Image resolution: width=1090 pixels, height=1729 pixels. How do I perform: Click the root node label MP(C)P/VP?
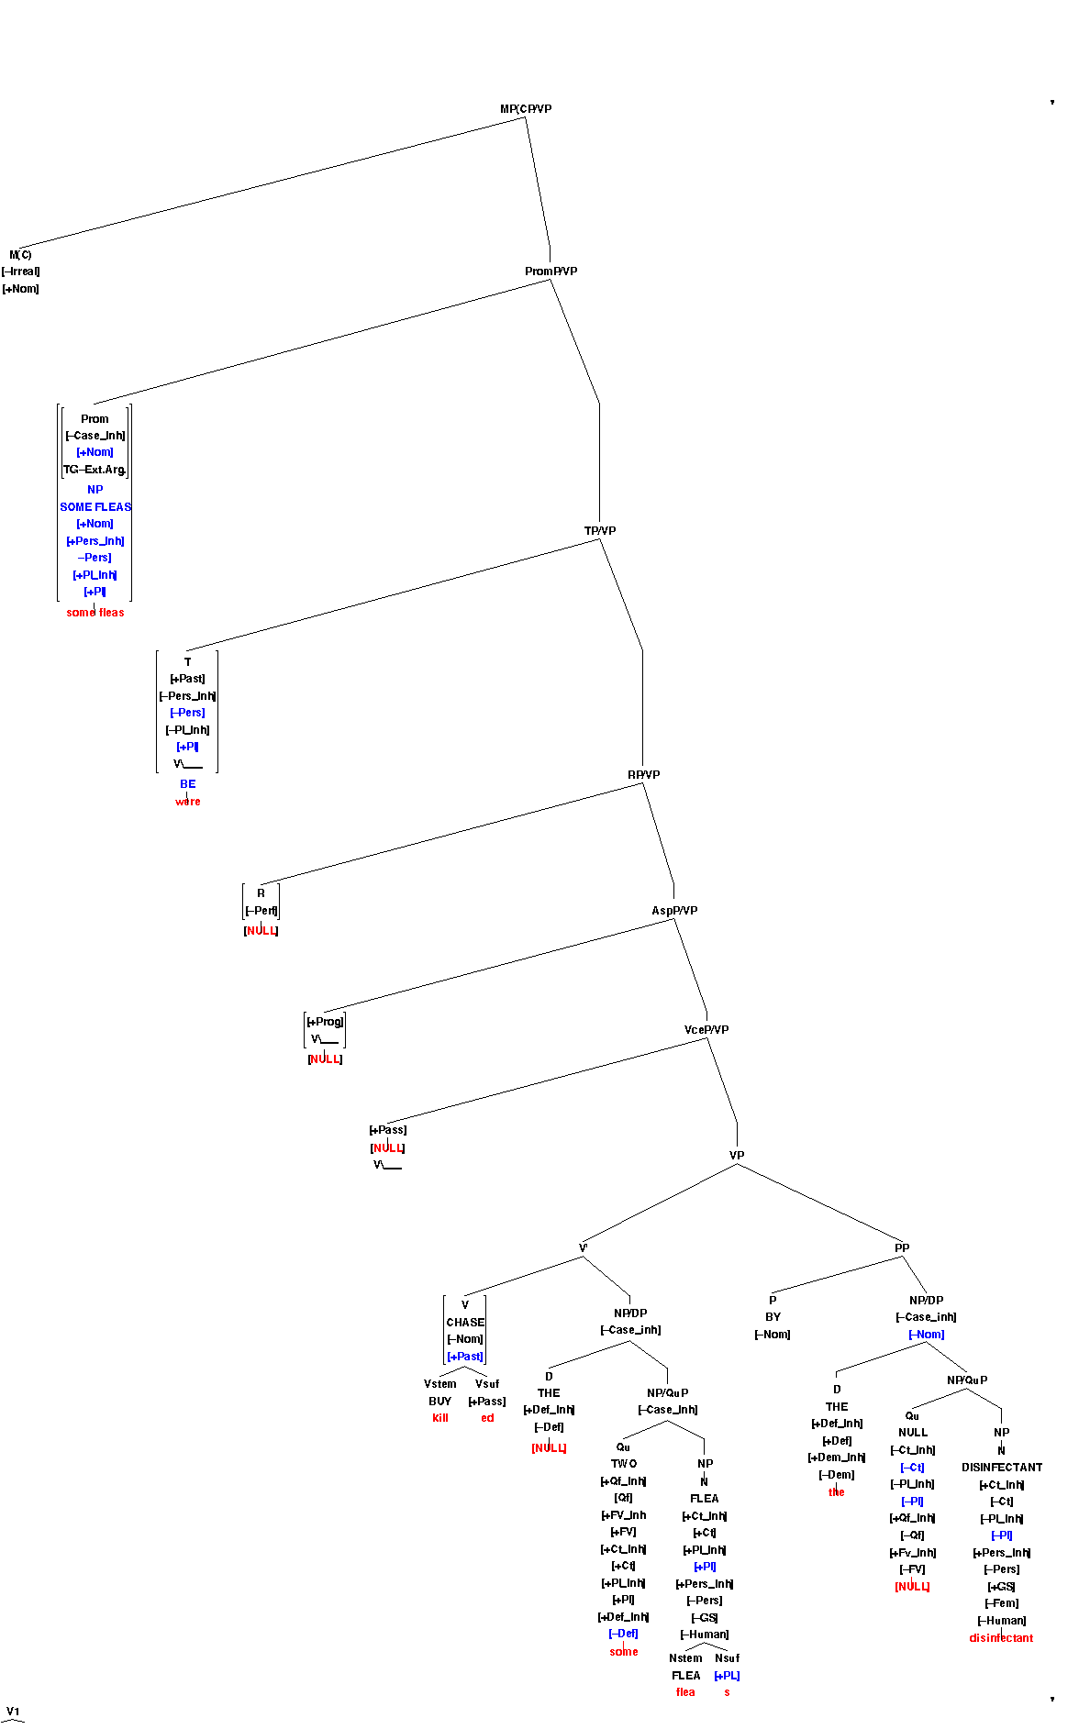(x=526, y=109)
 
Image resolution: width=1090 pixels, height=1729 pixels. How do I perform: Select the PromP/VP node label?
(x=551, y=272)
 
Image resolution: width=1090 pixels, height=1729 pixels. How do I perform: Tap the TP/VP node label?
(x=600, y=531)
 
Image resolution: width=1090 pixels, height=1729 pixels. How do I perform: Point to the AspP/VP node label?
(x=674, y=911)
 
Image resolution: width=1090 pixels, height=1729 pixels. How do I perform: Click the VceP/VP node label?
(x=706, y=1030)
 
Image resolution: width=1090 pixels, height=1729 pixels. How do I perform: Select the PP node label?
(x=902, y=1248)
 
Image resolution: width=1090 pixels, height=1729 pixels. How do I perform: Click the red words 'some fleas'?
(x=95, y=613)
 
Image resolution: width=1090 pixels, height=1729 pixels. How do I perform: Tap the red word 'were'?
(x=188, y=802)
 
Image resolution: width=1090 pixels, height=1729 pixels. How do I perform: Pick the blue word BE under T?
(x=188, y=784)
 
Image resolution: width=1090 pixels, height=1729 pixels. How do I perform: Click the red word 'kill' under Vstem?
(x=440, y=1418)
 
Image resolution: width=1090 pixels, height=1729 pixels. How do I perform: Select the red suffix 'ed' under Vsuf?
(x=487, y=1418)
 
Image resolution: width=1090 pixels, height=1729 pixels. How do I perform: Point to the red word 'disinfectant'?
(x=1001, y=1638)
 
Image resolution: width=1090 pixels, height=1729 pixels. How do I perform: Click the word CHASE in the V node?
(x=465, y=1323)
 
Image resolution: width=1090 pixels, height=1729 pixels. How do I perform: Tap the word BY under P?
(x=773, y=1317)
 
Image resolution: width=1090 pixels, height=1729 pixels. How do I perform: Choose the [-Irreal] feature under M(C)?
(x=21, y=272)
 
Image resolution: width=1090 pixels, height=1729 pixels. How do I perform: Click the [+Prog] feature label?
(x=325, y=1022)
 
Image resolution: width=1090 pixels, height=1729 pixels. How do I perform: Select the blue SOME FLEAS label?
(x=95, y=507)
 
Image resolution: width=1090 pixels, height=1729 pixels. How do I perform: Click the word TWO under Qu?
(x=624, y=1464)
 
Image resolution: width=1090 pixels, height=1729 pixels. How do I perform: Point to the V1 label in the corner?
(x=13, y=1712)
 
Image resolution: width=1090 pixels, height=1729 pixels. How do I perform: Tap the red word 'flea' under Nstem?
(x=685, y=1692)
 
